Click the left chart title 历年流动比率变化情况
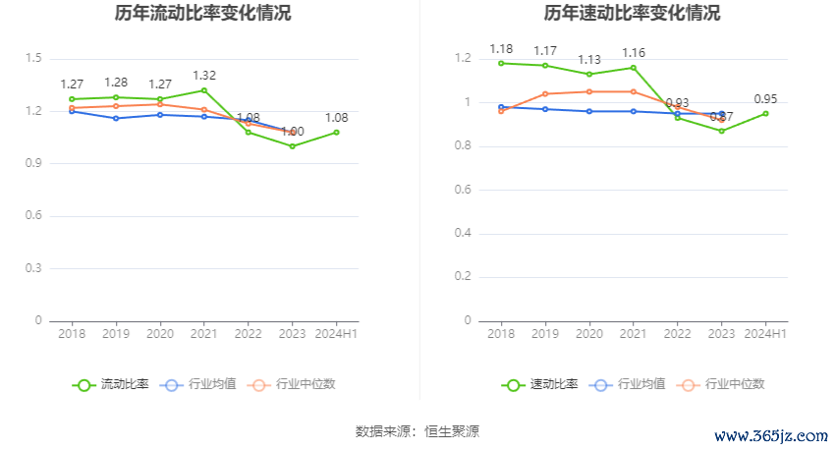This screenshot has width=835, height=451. coord(203,14)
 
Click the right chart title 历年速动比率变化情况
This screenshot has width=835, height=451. coord(632,14)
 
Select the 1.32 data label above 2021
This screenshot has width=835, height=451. coord(204,75)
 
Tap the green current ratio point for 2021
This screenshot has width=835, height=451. coord(204,90)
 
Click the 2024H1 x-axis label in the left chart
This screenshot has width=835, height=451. coord(337,334)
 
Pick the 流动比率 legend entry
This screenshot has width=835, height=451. coord(112,384)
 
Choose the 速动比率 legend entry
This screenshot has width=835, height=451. coord(540,384)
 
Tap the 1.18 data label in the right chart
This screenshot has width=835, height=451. coord(501,48)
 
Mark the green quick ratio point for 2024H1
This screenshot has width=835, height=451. coord(765,113)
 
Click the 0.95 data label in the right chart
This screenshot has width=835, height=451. coord(765,98)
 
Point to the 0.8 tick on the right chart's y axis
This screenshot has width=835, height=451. coord(463,146)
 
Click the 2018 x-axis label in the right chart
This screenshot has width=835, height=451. coord(501,334)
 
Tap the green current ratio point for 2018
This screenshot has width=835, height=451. coord(72,99)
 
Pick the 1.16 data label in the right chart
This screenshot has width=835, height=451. coord(634,52)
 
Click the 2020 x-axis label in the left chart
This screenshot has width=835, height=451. coord(160,334)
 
